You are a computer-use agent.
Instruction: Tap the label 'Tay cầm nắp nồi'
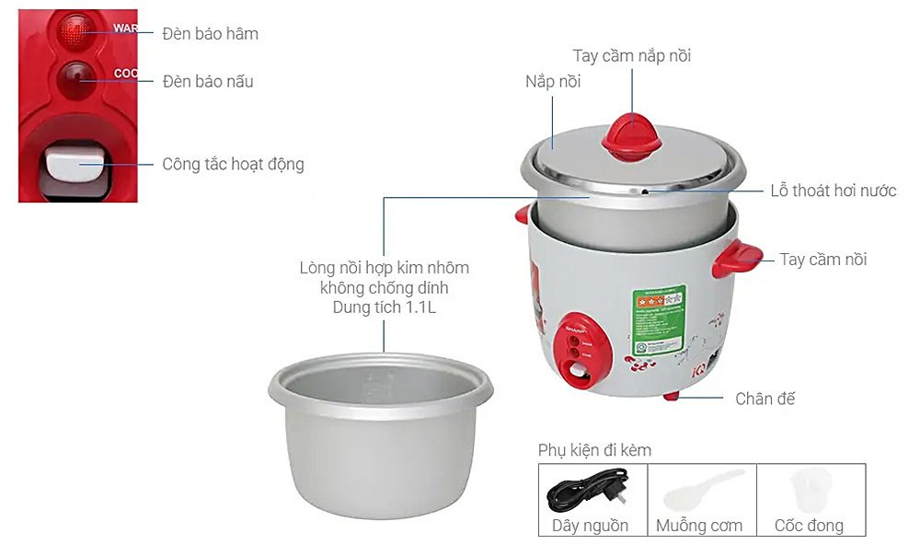631,56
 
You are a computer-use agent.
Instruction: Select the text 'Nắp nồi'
553,82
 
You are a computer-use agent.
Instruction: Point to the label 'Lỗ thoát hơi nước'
833,191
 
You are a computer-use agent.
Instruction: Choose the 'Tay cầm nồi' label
822,260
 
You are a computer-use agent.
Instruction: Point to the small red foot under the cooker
672,396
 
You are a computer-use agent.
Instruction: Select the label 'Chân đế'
765,399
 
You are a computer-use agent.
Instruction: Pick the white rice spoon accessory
701,490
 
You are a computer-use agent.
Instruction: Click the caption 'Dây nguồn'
591,526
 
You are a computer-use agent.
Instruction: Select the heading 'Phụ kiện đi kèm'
594,450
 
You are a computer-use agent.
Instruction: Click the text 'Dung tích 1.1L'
384,308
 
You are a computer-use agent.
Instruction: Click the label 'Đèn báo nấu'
207,82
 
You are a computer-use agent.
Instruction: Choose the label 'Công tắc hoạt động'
233,165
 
